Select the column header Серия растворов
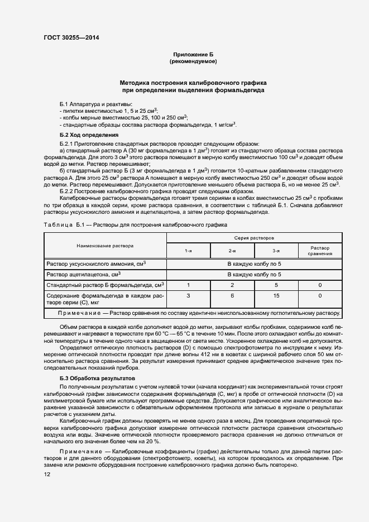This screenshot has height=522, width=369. [x=254, y=237]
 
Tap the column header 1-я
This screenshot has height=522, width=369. [x=189, y=251]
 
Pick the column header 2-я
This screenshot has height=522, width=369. [x=232, y=251]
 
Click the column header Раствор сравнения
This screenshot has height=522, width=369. [x=320, y=251]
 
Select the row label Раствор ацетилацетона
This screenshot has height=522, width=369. [x=84, y=275]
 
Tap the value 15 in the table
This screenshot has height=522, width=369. [x=276, y=295]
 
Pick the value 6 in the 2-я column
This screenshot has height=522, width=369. [x=232, y=295]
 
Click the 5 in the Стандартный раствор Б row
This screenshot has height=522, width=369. [x=276, y=285]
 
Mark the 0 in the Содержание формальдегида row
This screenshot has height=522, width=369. [x=320, y=295]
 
